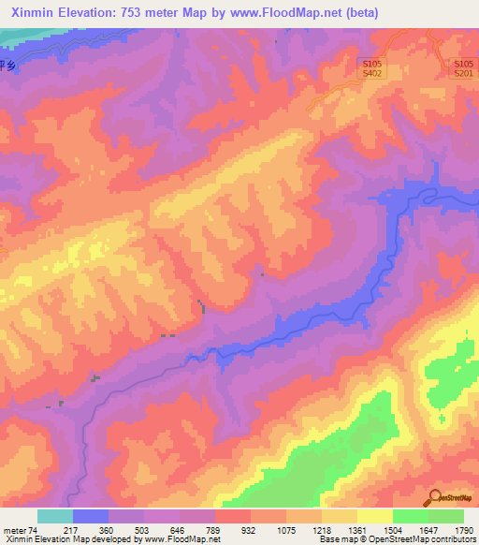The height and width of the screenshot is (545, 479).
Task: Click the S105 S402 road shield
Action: coord(371,66)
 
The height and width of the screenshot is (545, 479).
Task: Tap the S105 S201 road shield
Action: coord(463,66)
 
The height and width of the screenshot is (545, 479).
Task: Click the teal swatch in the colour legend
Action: coord(55,516)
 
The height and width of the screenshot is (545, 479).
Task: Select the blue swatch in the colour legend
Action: coord(91,516)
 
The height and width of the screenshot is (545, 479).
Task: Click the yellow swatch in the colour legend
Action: coord(375,516)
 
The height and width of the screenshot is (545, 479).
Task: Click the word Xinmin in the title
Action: coord(32,11)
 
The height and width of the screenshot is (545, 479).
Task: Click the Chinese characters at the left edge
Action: coord(8,66)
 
